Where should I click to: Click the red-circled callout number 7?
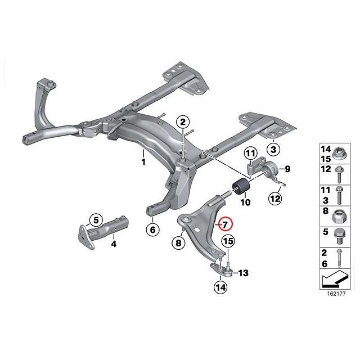pyautogui.click(x=225, y=224)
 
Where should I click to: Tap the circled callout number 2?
pyautogui.click(x=182, y=123)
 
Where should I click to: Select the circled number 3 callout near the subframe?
pyautogui.click(x=273, y=150)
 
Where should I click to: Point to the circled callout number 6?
pyautogui.click(x=153, y=229)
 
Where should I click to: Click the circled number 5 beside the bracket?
pyautogui.click(x=96, y=220)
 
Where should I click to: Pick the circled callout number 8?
pyautogui.click(x=179, y=243)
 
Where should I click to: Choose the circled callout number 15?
pyautogui.click(x=228, y=241)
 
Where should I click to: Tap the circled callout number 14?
pyautogui.click(x=220, y=287)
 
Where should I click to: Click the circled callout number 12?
pyautogui.click(x=276, y=199)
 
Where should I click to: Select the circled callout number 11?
pyautogui.click(x=251, y=154)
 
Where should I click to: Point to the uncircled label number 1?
pyautogui.click(x=143, y=162)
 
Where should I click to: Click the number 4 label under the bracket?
pyautogui.click(x=114, y=244)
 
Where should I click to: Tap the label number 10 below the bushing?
pyautogui.click(x=245, y=202)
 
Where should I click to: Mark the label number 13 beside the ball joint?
pyautogui.click(x=243, y=273)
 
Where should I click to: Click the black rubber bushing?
pyautogui.click(x=241, y=186)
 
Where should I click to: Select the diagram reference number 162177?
pyautogui.click(x=336, y=294)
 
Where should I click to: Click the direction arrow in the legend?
pyautogui.click(x=335, y=279)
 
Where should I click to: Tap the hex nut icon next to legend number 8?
pyautogui.click(x=339, y=217)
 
